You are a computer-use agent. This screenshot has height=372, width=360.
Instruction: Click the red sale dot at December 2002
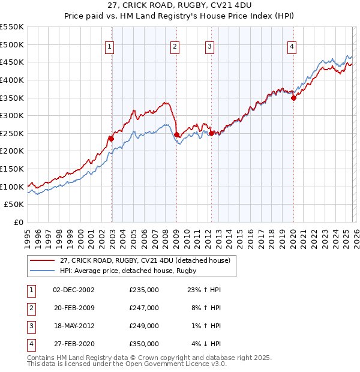pos(111,138)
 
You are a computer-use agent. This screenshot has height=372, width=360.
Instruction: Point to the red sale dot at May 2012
pos(211,134)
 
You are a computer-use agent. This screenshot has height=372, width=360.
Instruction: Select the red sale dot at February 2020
pos(293,98)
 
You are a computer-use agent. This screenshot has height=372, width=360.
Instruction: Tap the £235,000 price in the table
pos(144,289)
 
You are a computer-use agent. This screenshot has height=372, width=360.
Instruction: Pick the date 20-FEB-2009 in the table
pos(73,308)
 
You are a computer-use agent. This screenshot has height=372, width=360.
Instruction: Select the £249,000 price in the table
pos(144,326)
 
